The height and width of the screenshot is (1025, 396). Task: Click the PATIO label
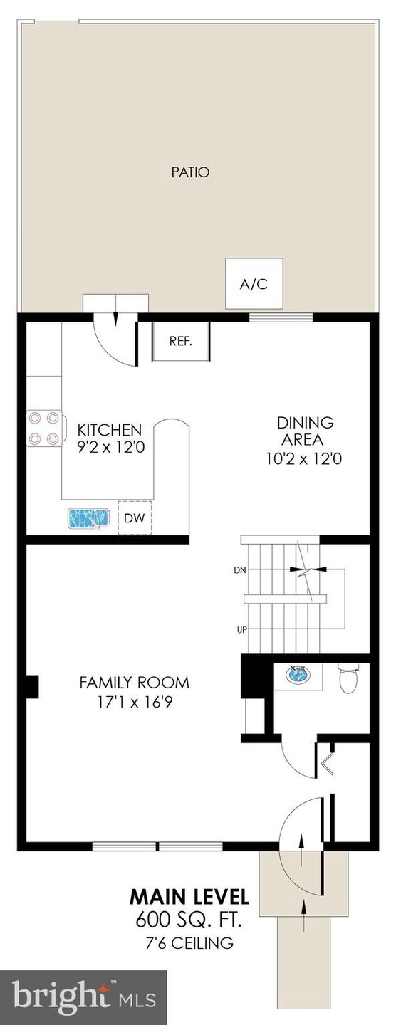pos(190,172)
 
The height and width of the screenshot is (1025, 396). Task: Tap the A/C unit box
pos(254,284)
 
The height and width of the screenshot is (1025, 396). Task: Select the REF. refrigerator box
pos(181,342)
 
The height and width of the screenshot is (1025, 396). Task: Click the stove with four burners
pos(44,429)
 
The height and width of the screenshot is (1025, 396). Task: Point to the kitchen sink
pos(89,518)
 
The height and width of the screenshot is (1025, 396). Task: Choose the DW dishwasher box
pos(135,518)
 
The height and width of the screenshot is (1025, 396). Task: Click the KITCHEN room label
pos(110,430)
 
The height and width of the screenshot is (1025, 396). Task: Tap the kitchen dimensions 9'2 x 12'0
pos(111,446)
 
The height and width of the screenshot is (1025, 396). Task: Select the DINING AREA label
pos(305,431)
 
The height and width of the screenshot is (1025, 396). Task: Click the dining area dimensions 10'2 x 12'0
pos(304,458)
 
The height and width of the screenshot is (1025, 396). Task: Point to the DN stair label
pos(240,570)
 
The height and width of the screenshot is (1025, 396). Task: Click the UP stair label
pos(241,630)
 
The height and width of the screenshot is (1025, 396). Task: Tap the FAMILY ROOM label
pos(134,682)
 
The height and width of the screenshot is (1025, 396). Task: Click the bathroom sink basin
pos(298,673)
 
